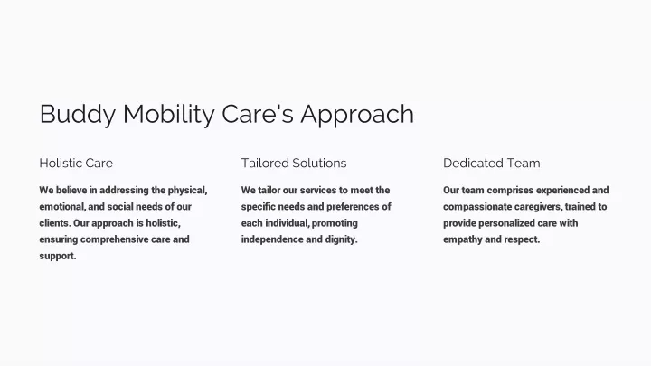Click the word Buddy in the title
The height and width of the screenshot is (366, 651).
coord(78,114)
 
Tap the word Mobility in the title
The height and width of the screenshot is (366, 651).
coord(168,114)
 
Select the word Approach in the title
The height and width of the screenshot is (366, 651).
coord(357,114)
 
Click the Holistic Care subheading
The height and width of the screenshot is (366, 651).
coord(76,163)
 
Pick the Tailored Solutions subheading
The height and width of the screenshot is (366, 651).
coord(294,163)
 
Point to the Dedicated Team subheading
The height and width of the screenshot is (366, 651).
coord(492,163)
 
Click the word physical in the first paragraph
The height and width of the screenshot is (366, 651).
coord(187,191)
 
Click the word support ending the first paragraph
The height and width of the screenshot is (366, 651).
coord(58,256)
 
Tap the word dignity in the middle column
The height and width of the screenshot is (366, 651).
coord(341,239)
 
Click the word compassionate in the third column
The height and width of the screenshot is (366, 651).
coord(477,207)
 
